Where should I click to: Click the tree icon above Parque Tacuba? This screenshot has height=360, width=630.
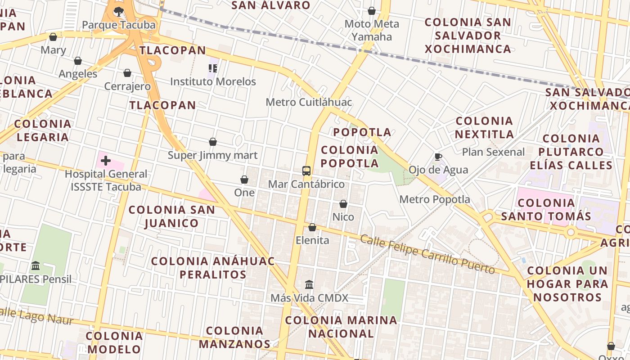pyautogui.click(x=119, y=11)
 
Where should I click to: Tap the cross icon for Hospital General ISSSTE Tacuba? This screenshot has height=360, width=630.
pyautogui.click(x=106, y=161)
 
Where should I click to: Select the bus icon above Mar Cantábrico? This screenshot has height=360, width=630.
pyautogui.click(x=306, y=171)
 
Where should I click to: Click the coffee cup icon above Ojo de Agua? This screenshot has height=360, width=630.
pyautogui.click(x=438, y=157)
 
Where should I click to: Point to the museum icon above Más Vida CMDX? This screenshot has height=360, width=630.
pyautogui.click(x=309, y=284)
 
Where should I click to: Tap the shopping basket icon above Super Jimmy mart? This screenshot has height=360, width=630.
pyautogui.click(x=213, y=142)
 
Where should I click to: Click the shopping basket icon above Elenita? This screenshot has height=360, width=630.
pyautogui.click(x=312, y=227)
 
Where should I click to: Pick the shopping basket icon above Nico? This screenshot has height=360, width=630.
pyautogui.click(x=343, y=204)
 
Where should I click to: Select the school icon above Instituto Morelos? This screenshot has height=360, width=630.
pyautogui.click(x=213, y=68)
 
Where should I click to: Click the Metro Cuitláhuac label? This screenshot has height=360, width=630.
pyautogui.click(x=309, y=102)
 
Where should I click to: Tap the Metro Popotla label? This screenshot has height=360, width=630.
pyautogui.click(x=435, y=199)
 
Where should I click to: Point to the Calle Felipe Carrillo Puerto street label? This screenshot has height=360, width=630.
pyautogui.click(x=427, y=254)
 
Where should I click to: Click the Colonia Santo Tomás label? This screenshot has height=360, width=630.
pyautogui.click(x=546, y=209)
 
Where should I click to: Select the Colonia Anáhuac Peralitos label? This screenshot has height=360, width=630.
pyautogui.click(x=212, y=268)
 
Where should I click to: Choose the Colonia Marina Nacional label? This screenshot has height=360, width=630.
pyautogui.click(x=342, y=327)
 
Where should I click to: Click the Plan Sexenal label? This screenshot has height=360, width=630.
pyautogui.click(x=493, y=152)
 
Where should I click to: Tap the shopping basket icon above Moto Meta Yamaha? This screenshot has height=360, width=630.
pyautogui.click(x=372, y=11)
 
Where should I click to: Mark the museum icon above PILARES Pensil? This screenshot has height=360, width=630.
pyautogui.click(x=36, y=266)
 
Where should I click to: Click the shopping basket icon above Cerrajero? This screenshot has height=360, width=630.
pyautogui.click(x=127, y=73)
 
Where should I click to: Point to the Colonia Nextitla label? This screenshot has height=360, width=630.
pyautogui.click(x=484, y=127)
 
